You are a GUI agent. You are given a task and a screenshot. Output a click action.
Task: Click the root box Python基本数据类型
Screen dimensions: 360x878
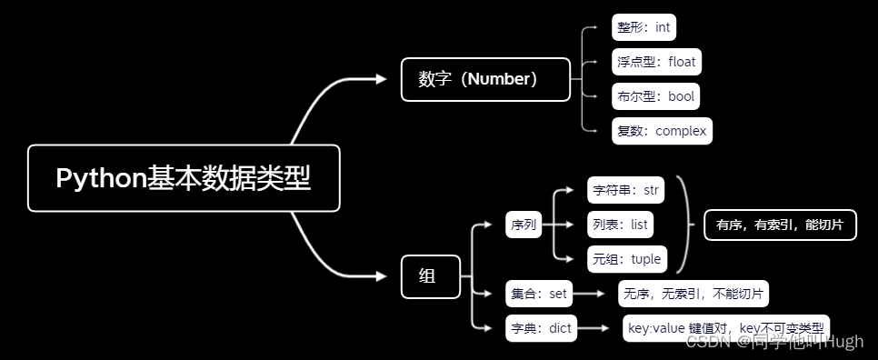184,178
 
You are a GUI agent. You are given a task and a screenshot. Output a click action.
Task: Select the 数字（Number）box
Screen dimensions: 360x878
485,79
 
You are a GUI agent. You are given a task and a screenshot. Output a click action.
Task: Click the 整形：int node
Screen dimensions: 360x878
644,27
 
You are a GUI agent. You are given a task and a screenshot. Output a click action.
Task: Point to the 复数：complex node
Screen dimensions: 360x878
662,130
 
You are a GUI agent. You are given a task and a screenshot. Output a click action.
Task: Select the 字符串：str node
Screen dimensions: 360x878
624,191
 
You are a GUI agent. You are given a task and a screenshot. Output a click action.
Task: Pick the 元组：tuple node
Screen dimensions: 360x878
626,258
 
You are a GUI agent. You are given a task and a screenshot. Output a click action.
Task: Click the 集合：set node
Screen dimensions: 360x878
539,294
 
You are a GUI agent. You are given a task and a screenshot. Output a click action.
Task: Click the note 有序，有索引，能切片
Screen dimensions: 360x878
780,225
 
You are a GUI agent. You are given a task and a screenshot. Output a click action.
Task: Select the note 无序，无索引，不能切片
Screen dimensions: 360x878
693,294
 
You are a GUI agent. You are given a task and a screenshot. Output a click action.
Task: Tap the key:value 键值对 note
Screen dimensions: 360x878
725,328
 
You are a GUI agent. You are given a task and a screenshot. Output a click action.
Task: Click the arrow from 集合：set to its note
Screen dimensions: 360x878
594,294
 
